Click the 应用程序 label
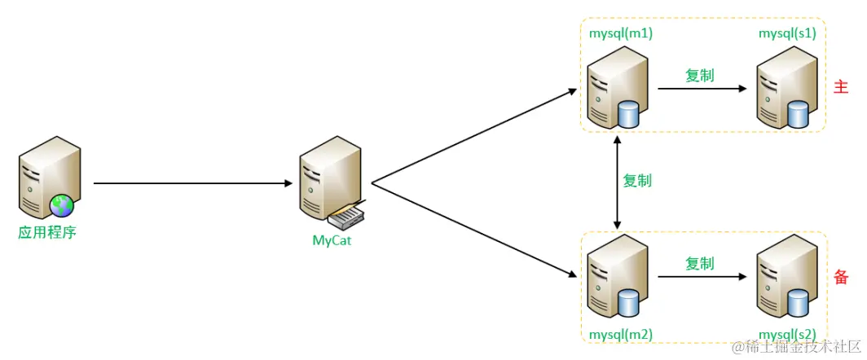(47, 232)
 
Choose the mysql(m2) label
(621, 334)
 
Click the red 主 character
(842, 86)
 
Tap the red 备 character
(842, 277)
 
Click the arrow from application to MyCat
(191, 183)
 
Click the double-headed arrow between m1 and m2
(618, 182)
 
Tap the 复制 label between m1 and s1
(699, 75)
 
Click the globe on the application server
(61, 204)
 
